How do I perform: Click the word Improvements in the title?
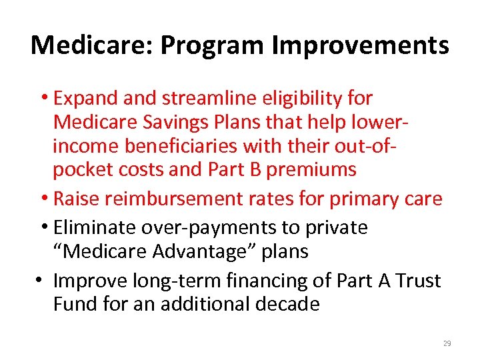pyautogui.click(x=361, y=45)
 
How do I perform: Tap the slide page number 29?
pyautogui.click(x=447, y=343)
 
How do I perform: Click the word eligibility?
pyautogui.click(x=303, y=98)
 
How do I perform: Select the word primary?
pyautogui.click(x=361, y=199)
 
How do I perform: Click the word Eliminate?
pyautogui.click(x=94, y=227)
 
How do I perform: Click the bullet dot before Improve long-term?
pyautogui.click(x=39, y=281)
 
